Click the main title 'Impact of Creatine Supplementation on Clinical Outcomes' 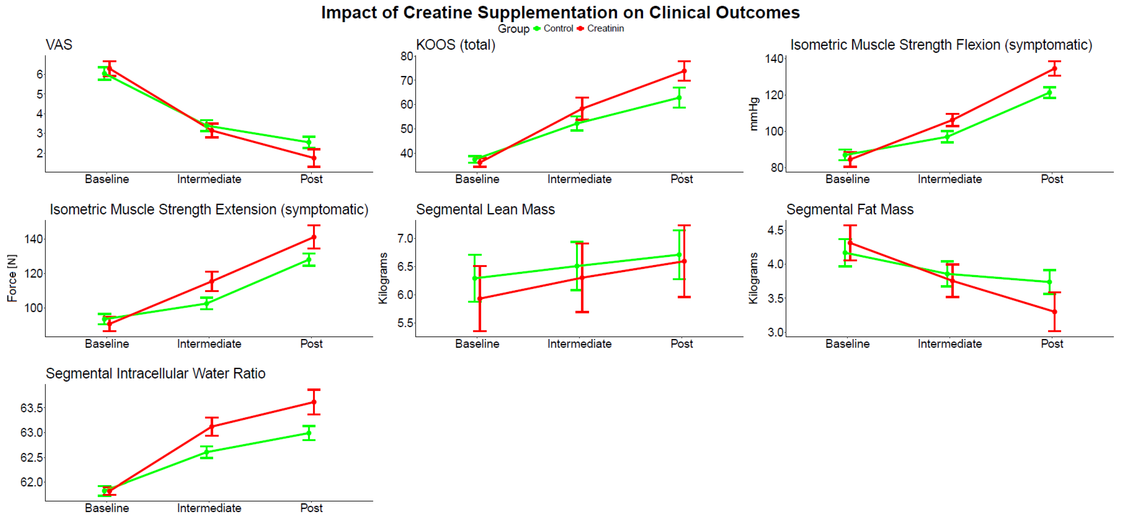point(560,13)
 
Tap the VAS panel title point(59,45)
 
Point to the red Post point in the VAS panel point(314,158)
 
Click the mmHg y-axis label point(753,114)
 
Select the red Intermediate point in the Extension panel point(212,281)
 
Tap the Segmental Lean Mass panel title point(485,210)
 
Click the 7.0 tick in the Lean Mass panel point(405,239)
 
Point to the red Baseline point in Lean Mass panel point(479,299)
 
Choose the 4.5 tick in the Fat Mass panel point(775,230)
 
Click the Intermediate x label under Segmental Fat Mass point(949,344)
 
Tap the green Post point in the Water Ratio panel point(309,433)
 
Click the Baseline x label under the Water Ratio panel point(107,508)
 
